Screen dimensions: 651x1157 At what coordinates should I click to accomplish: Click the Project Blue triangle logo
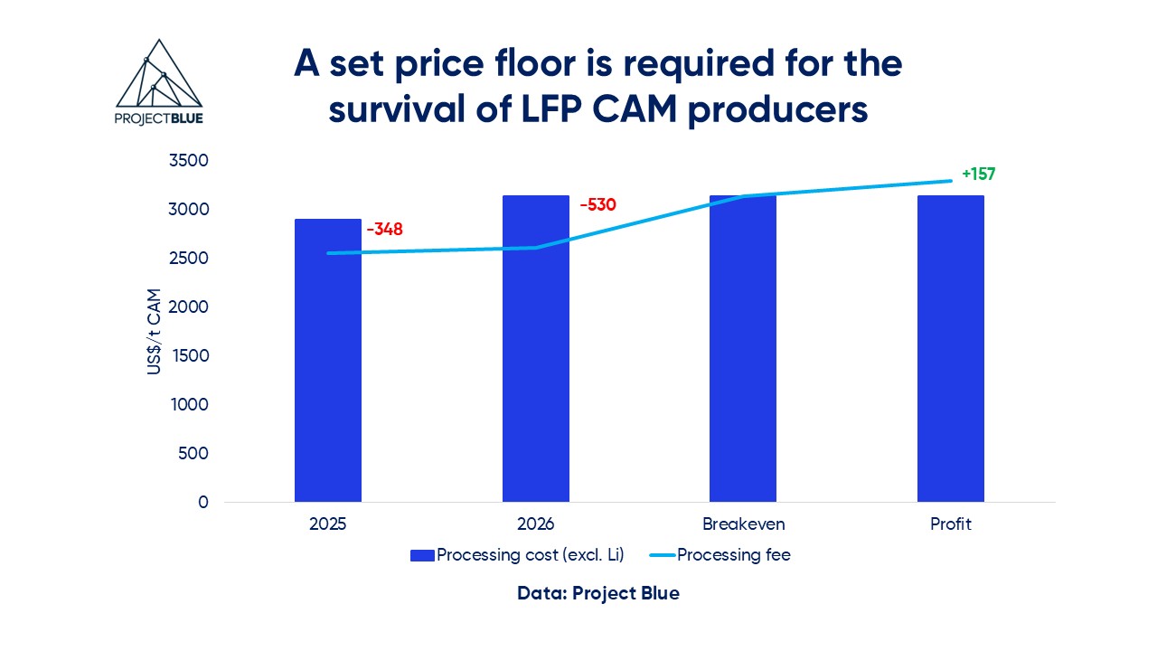click(159, 81)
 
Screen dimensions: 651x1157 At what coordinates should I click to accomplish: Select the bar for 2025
click(328, 362)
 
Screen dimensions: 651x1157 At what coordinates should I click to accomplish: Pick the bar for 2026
click(536, 353)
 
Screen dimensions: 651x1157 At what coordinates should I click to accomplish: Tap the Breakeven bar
click(743, 353)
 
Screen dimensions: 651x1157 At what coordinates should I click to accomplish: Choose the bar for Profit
click(950, 353)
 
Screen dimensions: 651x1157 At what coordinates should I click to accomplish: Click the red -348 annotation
click(384, 230)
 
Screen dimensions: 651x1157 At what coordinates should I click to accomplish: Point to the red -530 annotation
click(597, 205)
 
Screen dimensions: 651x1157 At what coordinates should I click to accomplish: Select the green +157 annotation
click(978, 175)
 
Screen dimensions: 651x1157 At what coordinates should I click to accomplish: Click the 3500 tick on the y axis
click(190, 161)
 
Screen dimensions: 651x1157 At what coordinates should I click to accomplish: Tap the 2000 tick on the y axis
click(190, 307)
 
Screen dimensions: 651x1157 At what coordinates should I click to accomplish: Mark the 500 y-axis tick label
click(194, 454)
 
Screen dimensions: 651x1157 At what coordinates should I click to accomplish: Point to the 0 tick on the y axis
click(203, 503)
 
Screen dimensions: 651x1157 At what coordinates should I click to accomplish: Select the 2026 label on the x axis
click(535, 524)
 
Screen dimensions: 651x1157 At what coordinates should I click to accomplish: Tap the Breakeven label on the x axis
click(743, 524)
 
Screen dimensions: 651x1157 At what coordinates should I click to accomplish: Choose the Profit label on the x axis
click(950, 524)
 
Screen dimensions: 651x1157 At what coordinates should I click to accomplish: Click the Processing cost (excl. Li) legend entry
click(517, 555)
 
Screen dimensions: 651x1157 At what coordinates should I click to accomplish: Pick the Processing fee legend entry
click(720, 555)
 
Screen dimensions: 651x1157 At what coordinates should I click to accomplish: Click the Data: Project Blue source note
click(598, 594)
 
